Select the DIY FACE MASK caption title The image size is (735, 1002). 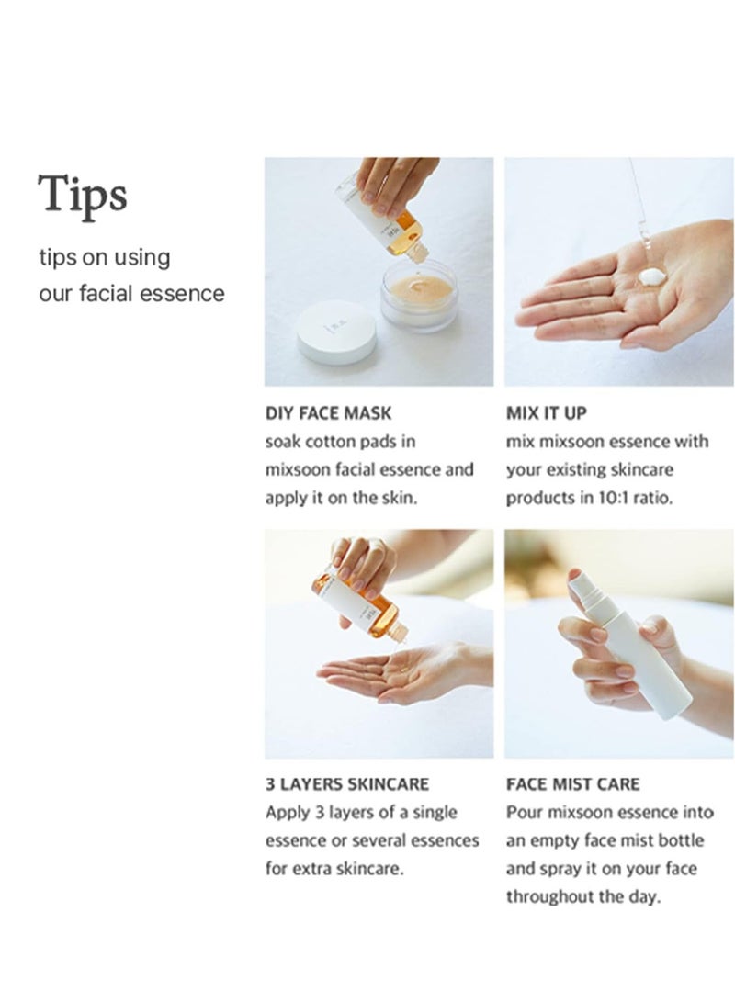328,413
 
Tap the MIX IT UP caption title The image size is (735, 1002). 546,413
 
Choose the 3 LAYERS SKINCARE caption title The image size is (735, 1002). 347,784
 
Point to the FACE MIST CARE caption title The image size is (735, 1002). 572,784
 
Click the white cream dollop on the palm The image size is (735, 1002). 652,277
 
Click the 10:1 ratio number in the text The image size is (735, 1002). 612,498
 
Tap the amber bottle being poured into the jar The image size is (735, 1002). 389,214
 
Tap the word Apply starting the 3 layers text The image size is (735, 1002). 287,813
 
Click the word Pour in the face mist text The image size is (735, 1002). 523,812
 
